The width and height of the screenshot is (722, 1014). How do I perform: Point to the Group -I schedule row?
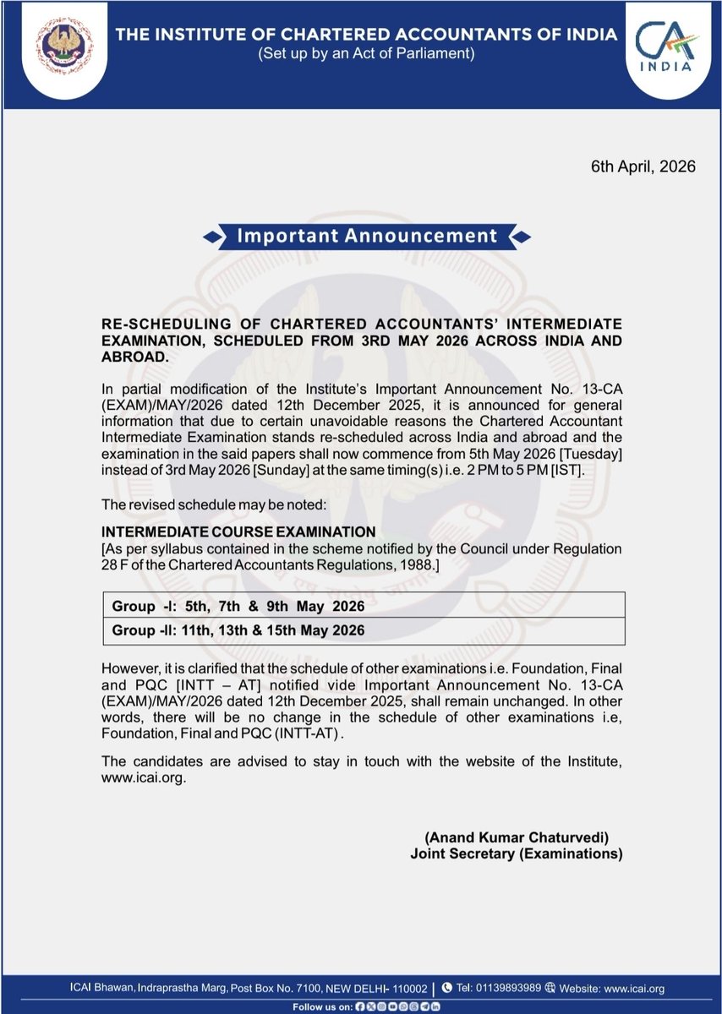coord(238,607)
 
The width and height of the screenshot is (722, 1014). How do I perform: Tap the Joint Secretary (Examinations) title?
coord(516,854)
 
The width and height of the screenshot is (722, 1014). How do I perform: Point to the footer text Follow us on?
coord(323,1007)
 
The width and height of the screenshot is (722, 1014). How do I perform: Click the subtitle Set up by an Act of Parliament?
coord(366,54)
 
